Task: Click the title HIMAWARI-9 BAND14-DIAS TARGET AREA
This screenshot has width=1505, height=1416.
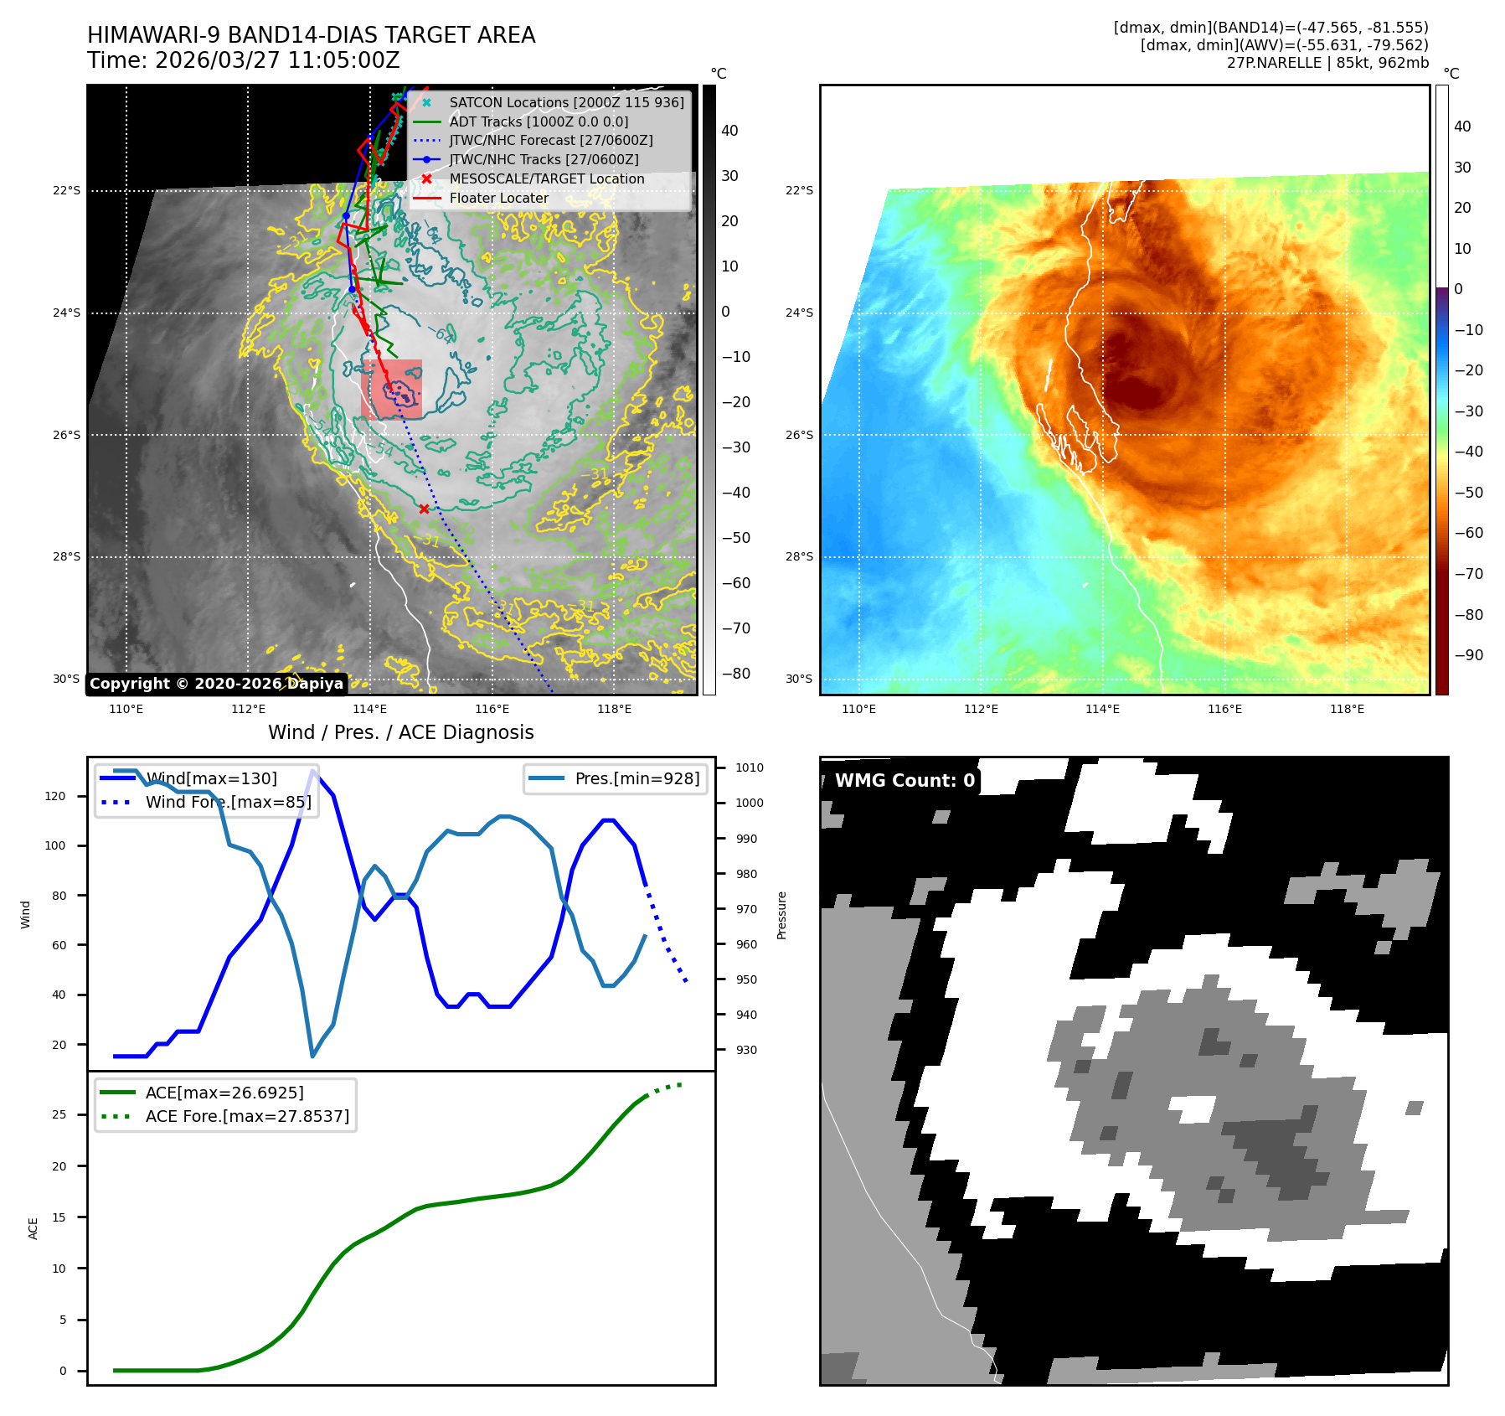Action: click(311, 35)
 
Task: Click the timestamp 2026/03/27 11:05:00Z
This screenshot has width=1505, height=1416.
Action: click(277, 61)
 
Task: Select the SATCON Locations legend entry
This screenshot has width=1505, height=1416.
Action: click(566, 102)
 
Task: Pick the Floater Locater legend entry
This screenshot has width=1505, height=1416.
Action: click(499, 199)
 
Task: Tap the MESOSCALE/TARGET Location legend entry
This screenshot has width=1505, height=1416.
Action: click(547, 179)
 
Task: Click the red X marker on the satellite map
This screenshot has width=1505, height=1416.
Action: click(424, 509)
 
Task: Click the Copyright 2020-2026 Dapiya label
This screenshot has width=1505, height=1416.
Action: click(216, 684)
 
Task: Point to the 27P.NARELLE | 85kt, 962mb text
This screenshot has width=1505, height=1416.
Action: click(1327, 63)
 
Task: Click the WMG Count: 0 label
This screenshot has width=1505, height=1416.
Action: click(905, 781)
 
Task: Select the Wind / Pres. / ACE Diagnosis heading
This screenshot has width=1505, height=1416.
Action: click(400, 732)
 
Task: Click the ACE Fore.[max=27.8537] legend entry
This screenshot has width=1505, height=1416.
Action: click(247, 1116)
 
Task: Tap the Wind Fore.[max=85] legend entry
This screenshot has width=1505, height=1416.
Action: click(228, 802)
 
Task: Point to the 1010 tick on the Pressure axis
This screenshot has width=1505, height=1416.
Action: click(750, 767)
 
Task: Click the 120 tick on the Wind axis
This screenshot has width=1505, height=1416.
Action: click(55, 796)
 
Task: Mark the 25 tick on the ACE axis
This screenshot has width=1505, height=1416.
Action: click(59, 1114)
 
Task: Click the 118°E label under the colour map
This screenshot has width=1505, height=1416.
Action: click(1347, 710)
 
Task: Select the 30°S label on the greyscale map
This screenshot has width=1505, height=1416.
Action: click(67, 679)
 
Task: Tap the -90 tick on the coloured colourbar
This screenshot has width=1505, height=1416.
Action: click(1468, 655)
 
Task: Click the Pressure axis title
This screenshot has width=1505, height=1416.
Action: click(781, 915)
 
